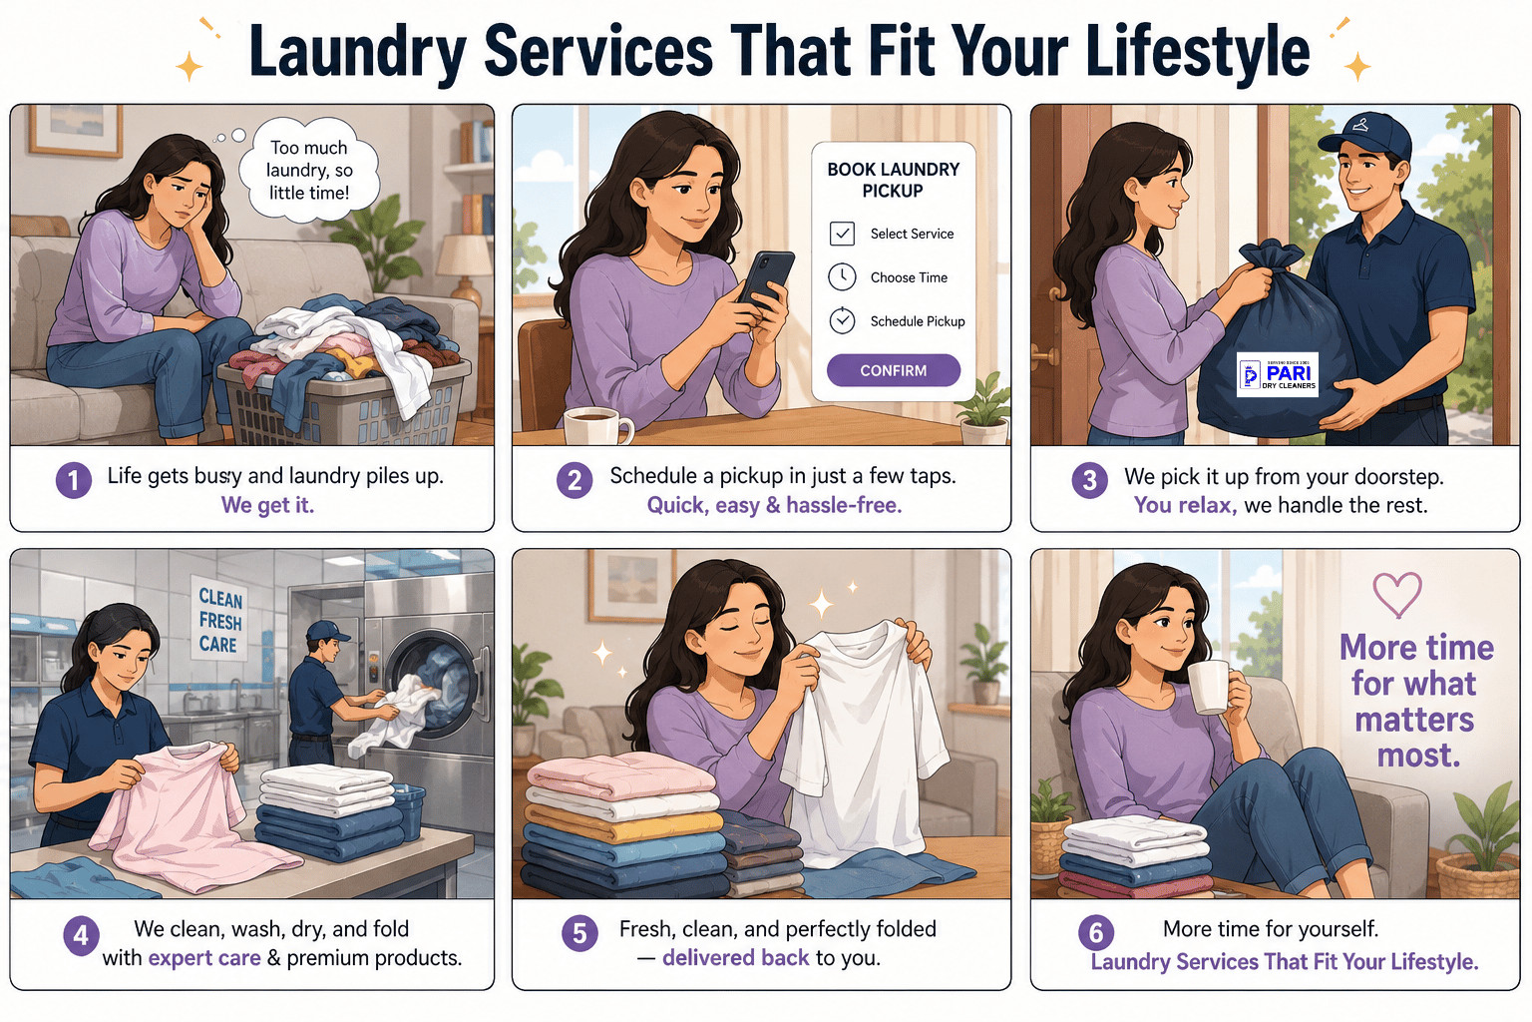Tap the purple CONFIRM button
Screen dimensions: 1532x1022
pyautogui.click(x=894, y=370)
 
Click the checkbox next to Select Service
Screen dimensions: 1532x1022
pyautogui.click(x=842, y=234)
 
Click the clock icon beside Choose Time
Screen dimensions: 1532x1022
pyautogui.click(x=842, y=277)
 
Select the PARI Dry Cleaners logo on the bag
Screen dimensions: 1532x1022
pyautogui.click(x=1278, y=374)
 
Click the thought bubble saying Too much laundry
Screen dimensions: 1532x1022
pyautogui.click(x=308, y=170)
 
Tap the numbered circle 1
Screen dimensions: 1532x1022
pyautogui.click(x=74, y=480)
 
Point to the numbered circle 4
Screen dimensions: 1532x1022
pyautogui.click(x=82, y=935)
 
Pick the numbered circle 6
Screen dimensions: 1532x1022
pyautogui.click(x=1096, y=932)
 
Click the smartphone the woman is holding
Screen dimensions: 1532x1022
pyautogui.click(x=766, y=279)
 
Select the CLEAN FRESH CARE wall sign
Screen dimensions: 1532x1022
pyautogui.click(x=220, y=621)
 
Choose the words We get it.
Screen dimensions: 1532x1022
pyautogui.click(x=267, y=505)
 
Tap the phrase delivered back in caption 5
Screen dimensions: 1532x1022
pyautogui.click(x=735, y=957)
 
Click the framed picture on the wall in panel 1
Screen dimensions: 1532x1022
pyautogui.click(x=76, y=131)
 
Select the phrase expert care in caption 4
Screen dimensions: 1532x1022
pyautogui.click(x=204, y=958)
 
